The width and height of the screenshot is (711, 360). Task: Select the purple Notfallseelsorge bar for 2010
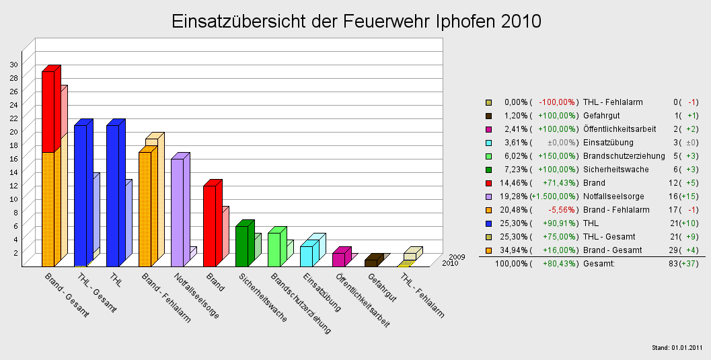coord(178,212)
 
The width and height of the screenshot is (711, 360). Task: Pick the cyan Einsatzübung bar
coord(306,256)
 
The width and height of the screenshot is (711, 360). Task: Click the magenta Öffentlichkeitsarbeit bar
coord(338,259)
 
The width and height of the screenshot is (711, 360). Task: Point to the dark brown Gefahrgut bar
coord(371,262)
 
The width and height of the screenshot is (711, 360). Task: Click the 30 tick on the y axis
coord(14,64)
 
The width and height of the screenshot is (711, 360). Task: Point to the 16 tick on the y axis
coord(14,158)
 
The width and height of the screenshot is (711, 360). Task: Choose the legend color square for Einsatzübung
coord(489,143)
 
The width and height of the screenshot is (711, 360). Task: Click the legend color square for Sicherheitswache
coord(489,170)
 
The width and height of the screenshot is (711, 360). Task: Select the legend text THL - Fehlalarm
coord(613,102)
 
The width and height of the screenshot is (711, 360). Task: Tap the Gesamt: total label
coord(599,263)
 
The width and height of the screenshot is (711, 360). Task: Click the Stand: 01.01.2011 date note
coord(677,347)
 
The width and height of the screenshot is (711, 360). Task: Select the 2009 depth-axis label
coord(457,256)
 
